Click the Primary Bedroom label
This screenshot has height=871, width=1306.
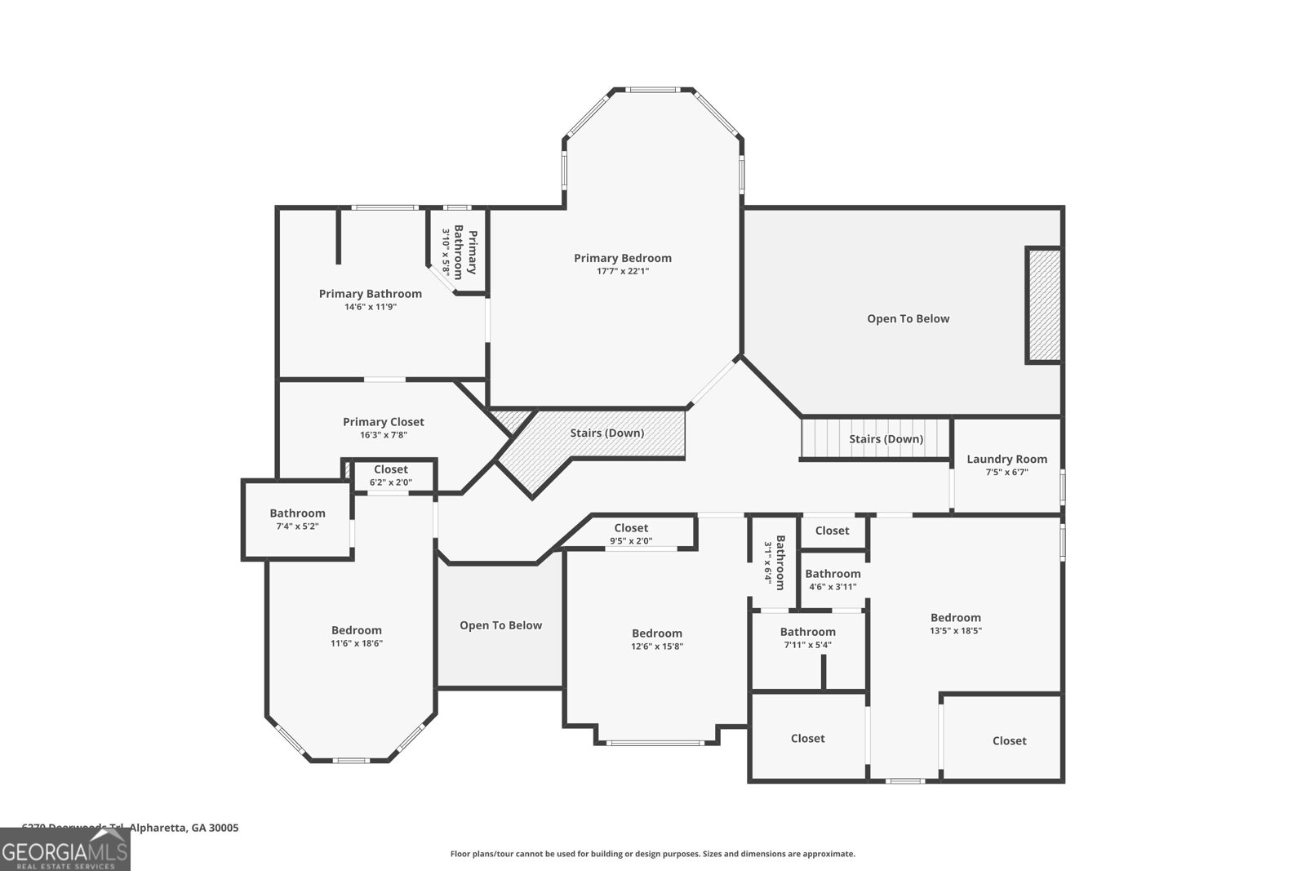click(622, 258)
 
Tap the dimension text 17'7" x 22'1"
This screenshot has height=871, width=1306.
click(622, 271)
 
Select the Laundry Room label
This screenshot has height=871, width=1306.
click(1006, 459)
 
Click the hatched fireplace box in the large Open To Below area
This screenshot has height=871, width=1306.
click(1043, 305)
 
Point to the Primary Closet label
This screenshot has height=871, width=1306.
click(383, 422)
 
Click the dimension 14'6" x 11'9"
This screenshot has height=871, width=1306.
click(370, 307)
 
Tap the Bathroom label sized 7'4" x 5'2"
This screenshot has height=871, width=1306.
click(297, 513)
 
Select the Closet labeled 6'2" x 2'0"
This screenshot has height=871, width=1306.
click(390, 469)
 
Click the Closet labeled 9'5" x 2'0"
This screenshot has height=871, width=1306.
click(631, 528)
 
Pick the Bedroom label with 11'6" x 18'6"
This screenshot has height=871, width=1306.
click(356, 630)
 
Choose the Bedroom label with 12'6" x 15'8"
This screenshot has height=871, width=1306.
click(656, 633)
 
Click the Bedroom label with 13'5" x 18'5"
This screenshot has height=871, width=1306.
click(955, 618)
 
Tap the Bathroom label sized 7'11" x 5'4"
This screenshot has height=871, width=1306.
click(807, 632)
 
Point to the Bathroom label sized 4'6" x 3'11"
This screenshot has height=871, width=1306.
click(833, 574)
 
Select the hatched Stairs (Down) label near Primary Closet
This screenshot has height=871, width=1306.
click(606, 433)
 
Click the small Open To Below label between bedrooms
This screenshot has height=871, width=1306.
click(500, 625)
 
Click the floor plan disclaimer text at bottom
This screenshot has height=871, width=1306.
click(652, 854)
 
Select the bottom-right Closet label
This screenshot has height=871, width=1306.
click(1009, 740)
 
